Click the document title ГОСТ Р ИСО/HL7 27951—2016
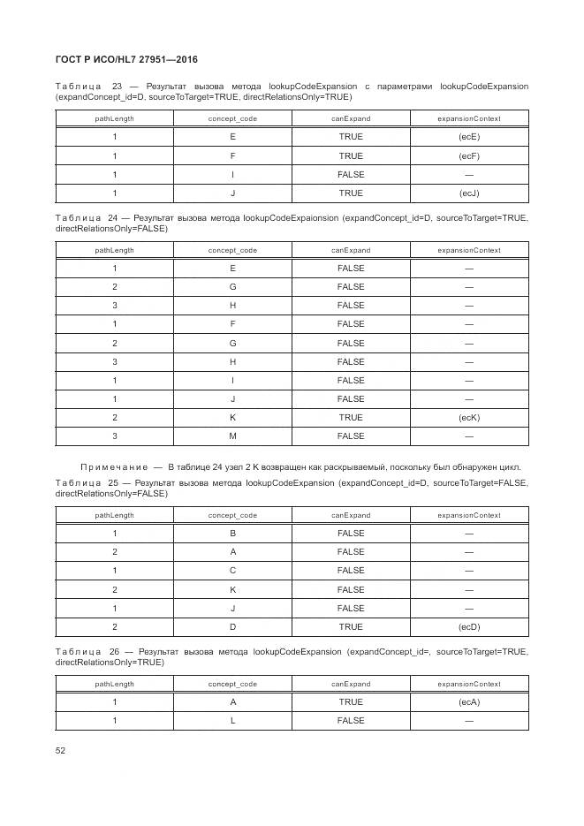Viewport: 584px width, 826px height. tap(125, 60)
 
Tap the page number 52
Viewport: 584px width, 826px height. tap(60, 750)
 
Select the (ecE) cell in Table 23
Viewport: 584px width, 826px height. tap(469, 137)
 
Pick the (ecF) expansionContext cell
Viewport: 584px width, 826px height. tap(469, 155)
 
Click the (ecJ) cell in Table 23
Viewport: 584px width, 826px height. tap(469, 193)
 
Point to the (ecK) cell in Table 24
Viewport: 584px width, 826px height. tap(469, 417)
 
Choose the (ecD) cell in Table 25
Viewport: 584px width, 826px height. tap(469, 626)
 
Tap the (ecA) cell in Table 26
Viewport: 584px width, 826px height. tap(469, 701)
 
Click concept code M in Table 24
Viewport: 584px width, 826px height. tap(232, 436)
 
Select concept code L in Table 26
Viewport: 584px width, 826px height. tap(232, 720)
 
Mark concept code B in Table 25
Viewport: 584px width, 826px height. tap(232, 534)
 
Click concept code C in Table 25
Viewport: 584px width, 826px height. tap(232, 571)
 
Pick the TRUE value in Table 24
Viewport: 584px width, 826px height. tap(351, 417)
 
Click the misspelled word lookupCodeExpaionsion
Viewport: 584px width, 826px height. tap(291, 216)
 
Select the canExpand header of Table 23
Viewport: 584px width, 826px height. tap(351, 118)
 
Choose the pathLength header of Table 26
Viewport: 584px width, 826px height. tap(115, 684)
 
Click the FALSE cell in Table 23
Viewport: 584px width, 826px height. tap(351, 174)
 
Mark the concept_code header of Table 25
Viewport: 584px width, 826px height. tap(232, 515)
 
